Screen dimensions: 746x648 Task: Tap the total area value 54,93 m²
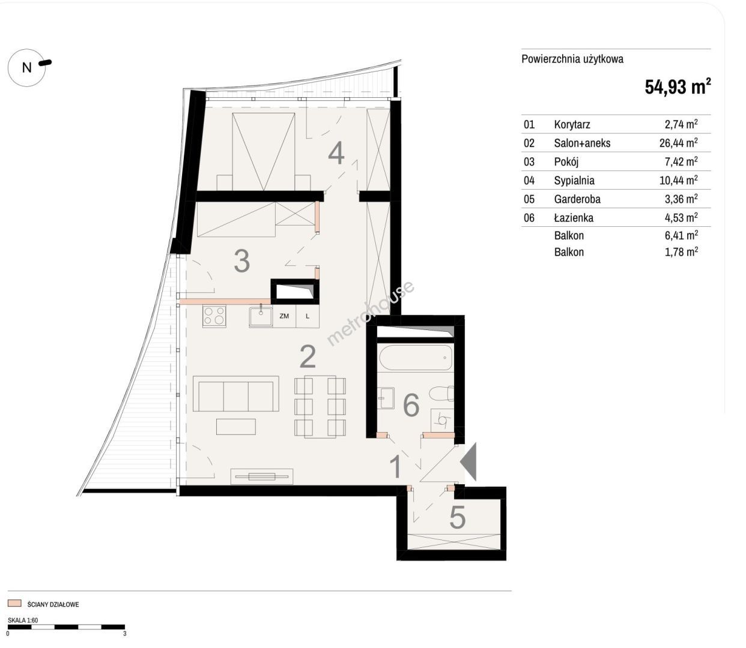tap(678, 86)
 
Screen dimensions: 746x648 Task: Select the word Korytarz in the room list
tap(572, 125)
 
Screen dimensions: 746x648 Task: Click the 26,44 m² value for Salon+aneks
tap(678, 143)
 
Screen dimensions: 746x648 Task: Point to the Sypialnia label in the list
tap(574, 181)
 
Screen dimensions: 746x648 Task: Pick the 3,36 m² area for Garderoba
tap(681, 199)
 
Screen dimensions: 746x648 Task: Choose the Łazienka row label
tap(574, 217)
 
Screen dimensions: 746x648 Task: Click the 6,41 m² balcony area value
tap(681, 235)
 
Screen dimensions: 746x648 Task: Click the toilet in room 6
tap(441, 394)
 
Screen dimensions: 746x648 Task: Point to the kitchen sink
tap(261, 316)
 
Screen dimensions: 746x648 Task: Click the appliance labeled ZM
tap(284, 316)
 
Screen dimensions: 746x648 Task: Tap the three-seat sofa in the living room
tap(235, 394)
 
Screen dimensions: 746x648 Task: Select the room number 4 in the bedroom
tap(336, 154)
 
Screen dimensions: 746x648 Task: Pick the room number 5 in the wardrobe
tap(457, 517)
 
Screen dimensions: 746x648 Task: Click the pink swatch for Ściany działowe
tap(14, 603)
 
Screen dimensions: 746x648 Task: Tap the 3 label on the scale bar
tap(124, 634)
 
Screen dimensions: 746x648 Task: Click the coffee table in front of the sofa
tap(235, 427)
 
